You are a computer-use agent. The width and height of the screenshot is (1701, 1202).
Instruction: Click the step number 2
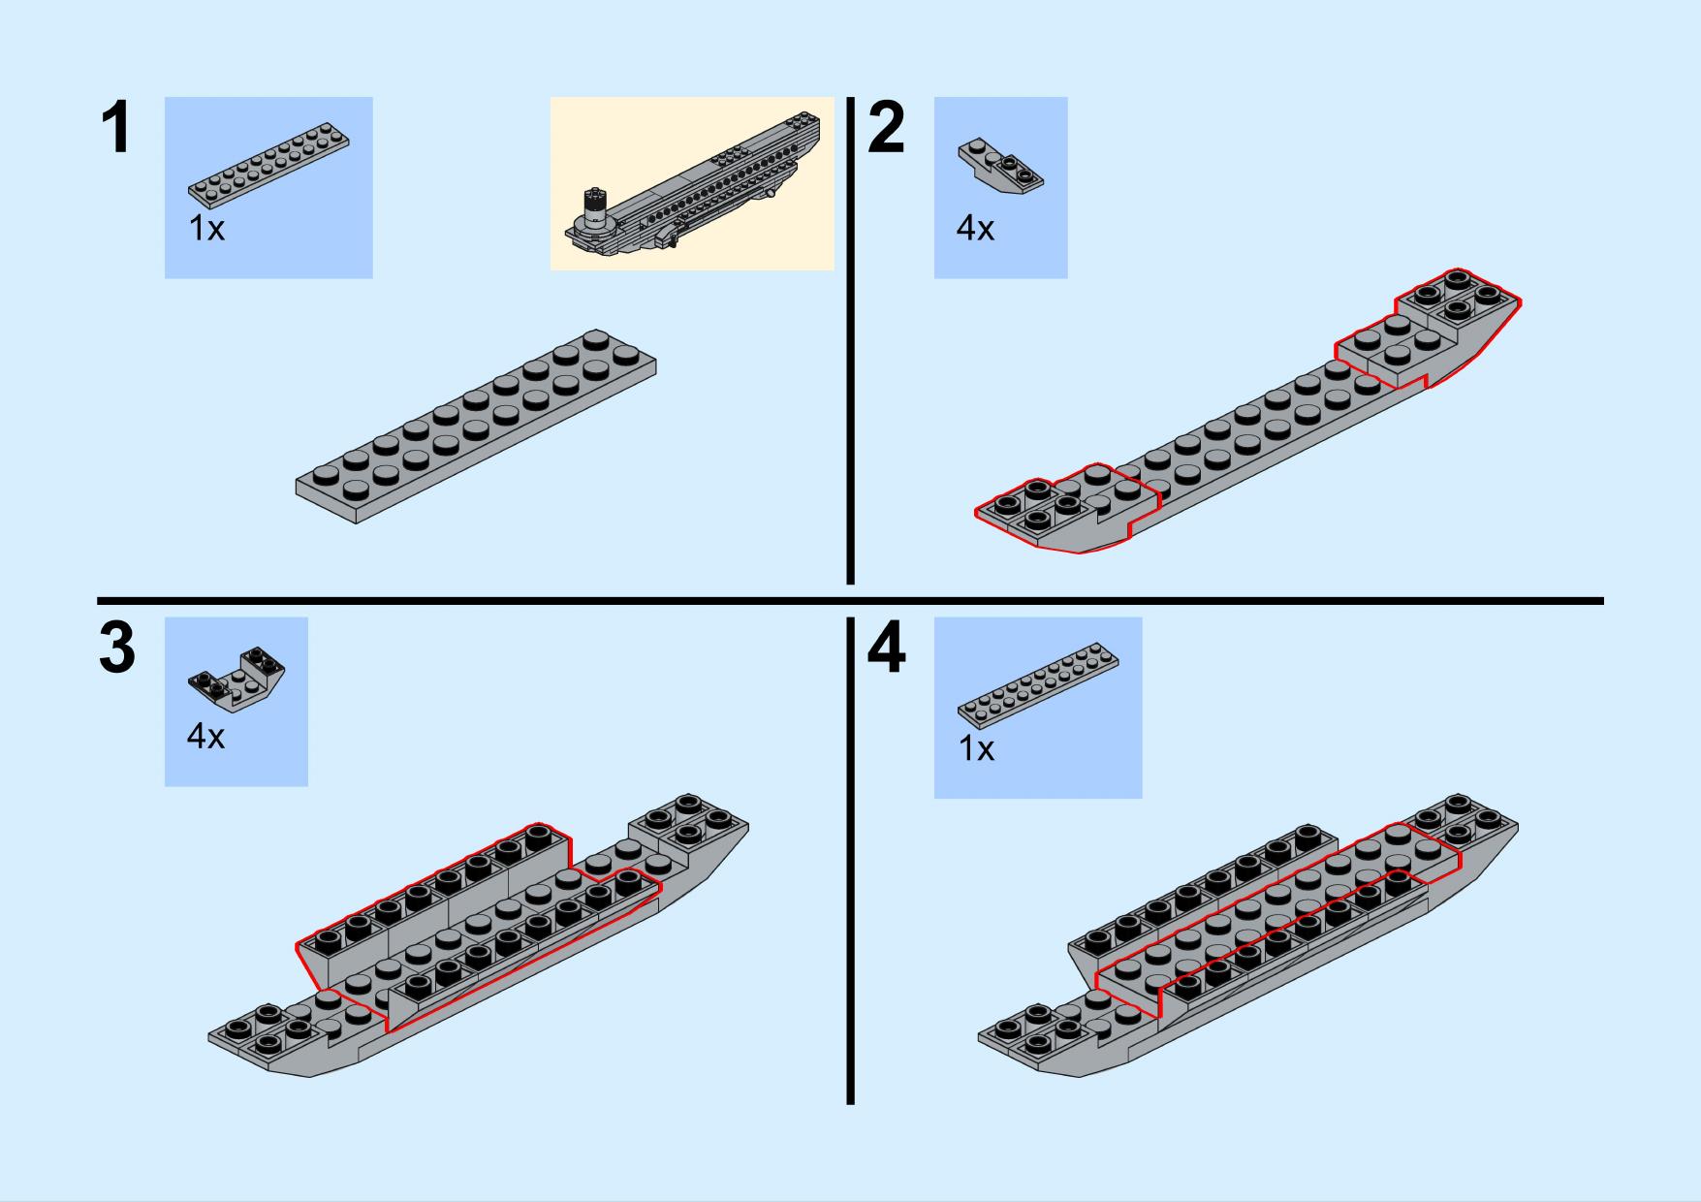(886, 129)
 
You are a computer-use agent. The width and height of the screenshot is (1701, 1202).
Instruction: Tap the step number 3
(117, 648)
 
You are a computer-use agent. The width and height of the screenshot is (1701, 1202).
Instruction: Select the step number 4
(887, 648)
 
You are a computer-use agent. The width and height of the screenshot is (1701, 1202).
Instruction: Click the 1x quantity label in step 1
(206, 229)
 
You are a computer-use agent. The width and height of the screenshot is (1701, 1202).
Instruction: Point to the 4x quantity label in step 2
(975, 229)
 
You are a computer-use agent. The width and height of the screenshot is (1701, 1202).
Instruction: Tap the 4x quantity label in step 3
(205, 737)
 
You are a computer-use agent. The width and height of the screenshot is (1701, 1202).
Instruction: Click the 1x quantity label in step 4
(976, 749)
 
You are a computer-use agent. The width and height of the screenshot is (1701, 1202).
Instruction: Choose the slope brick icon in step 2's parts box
(1001, 168)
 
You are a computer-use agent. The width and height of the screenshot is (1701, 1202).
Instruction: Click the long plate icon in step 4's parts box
(1038, 684)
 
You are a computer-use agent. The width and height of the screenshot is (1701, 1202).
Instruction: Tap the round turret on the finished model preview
(593, 210)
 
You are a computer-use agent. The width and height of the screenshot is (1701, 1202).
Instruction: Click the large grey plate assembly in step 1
(476, 427)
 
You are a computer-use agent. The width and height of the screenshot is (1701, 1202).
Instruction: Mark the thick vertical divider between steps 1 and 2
(851, 340)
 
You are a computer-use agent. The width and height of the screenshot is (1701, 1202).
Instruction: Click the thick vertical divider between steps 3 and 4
(851, 861)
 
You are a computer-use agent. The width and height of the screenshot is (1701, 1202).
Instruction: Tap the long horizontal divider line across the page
(850, 601)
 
